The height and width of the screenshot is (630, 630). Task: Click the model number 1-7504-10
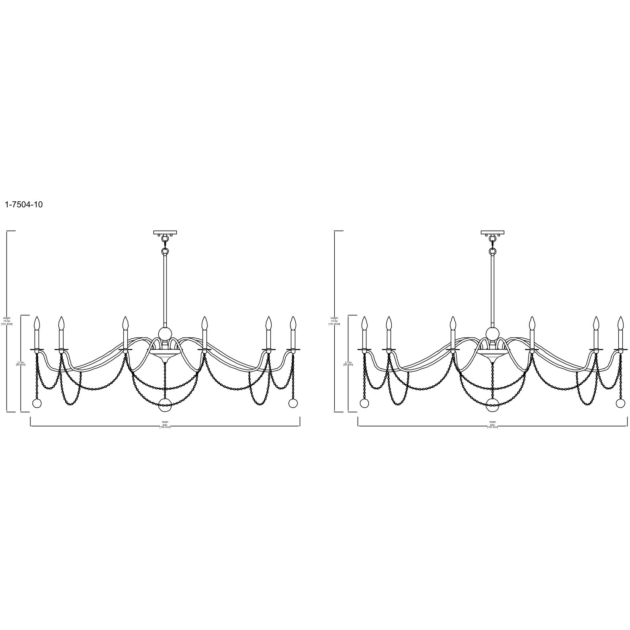(23, 205)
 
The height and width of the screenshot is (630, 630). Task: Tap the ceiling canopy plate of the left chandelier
(165, 232)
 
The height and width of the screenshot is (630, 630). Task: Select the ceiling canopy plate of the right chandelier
(493, 232)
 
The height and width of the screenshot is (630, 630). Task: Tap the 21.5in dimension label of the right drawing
(348, 363)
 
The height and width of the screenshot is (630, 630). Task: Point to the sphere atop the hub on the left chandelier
(165, 333)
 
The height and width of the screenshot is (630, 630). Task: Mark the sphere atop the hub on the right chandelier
(493, 333)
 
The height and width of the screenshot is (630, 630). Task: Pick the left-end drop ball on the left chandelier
(37, 403)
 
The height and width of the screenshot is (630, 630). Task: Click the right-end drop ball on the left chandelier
(293, 403)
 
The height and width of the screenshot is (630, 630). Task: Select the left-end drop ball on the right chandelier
(364, 403)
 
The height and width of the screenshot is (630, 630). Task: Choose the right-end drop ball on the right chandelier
(621, 403)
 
